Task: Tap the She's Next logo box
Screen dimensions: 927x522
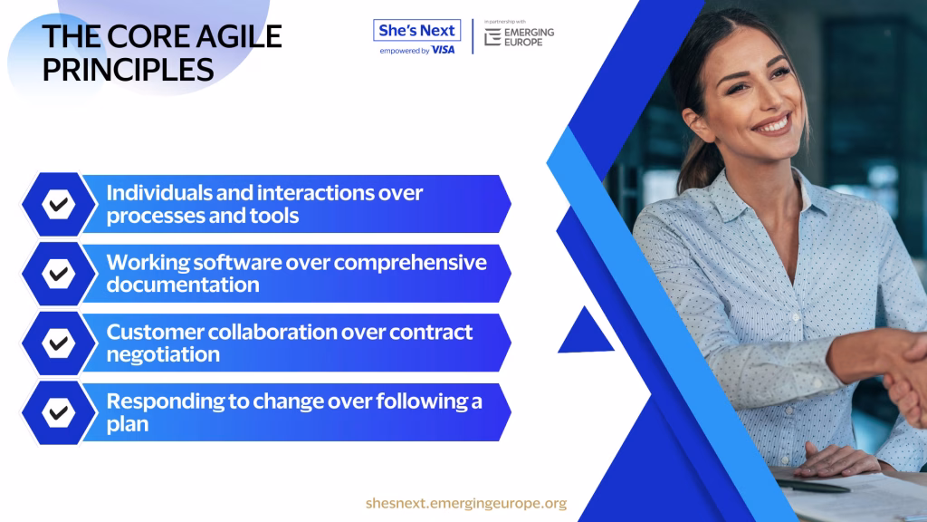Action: point(416,30)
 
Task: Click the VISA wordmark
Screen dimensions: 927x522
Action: point(443,51)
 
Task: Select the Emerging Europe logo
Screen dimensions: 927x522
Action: point(519,36)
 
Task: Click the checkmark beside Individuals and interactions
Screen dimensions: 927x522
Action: point(58,205)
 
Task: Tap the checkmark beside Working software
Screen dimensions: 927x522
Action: point(58,274)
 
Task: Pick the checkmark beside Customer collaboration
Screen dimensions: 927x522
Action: point(58,343)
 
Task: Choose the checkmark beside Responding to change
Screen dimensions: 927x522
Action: point(58,412)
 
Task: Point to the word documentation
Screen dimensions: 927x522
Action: point(183,285)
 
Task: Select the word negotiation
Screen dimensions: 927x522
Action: point(163,354)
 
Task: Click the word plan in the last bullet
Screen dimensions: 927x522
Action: point(127,424)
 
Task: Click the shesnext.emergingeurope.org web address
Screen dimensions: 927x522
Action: point(466,503)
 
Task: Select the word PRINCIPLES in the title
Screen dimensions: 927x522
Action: point(128,70)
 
